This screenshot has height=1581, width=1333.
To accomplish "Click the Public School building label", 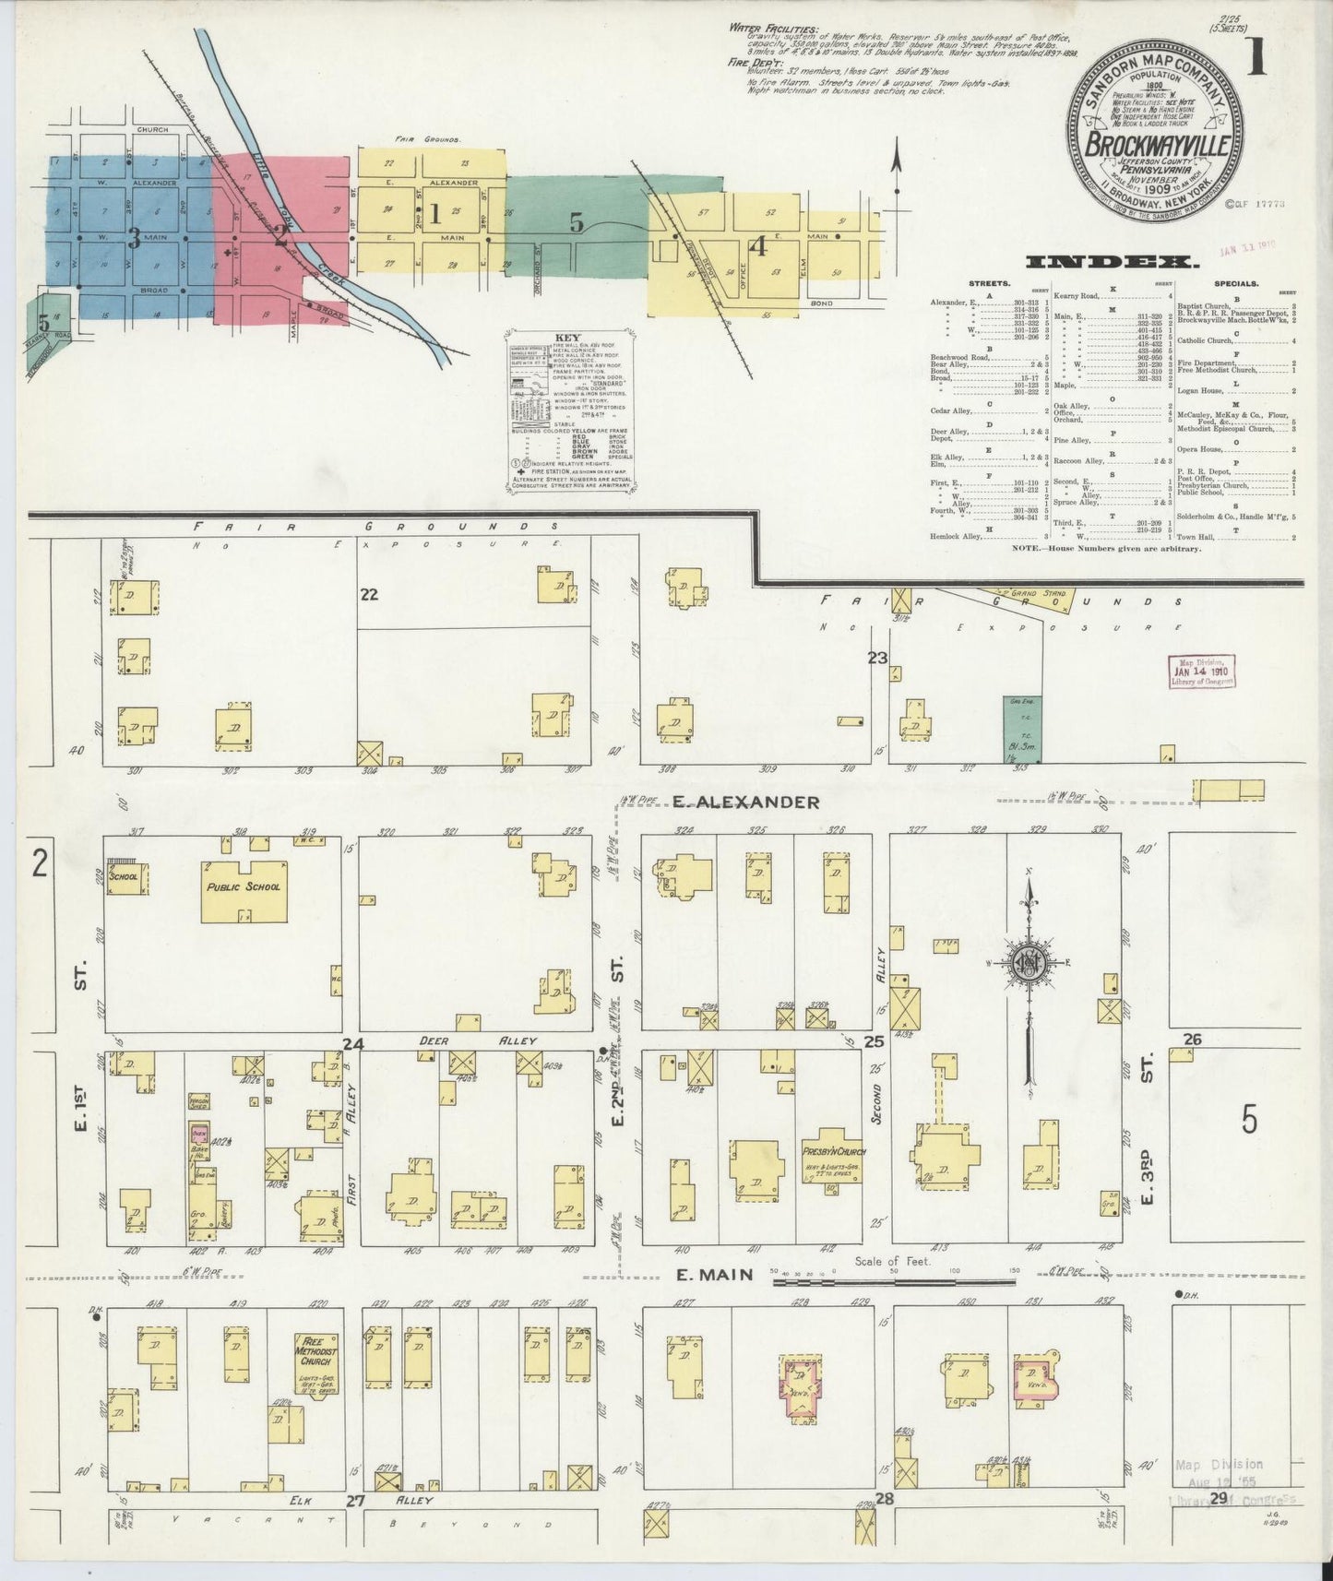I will coord(243,886).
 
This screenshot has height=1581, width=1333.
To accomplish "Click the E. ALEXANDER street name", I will coord(745,802).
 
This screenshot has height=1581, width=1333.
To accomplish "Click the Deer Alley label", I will coord(478,1040).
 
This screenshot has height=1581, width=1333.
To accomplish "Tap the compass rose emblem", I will coord(1027,963).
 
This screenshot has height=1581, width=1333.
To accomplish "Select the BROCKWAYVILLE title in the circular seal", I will coord(1156,146).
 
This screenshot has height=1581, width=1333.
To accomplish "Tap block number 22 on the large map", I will coord(369,595).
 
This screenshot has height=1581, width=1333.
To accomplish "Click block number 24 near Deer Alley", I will coord(352,1044).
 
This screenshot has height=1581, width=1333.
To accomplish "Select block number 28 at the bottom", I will coord(884,1499).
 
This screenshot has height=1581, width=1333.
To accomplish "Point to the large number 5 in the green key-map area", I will coord(577,222).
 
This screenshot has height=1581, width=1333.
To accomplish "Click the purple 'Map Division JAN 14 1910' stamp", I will coord(1202,671).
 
